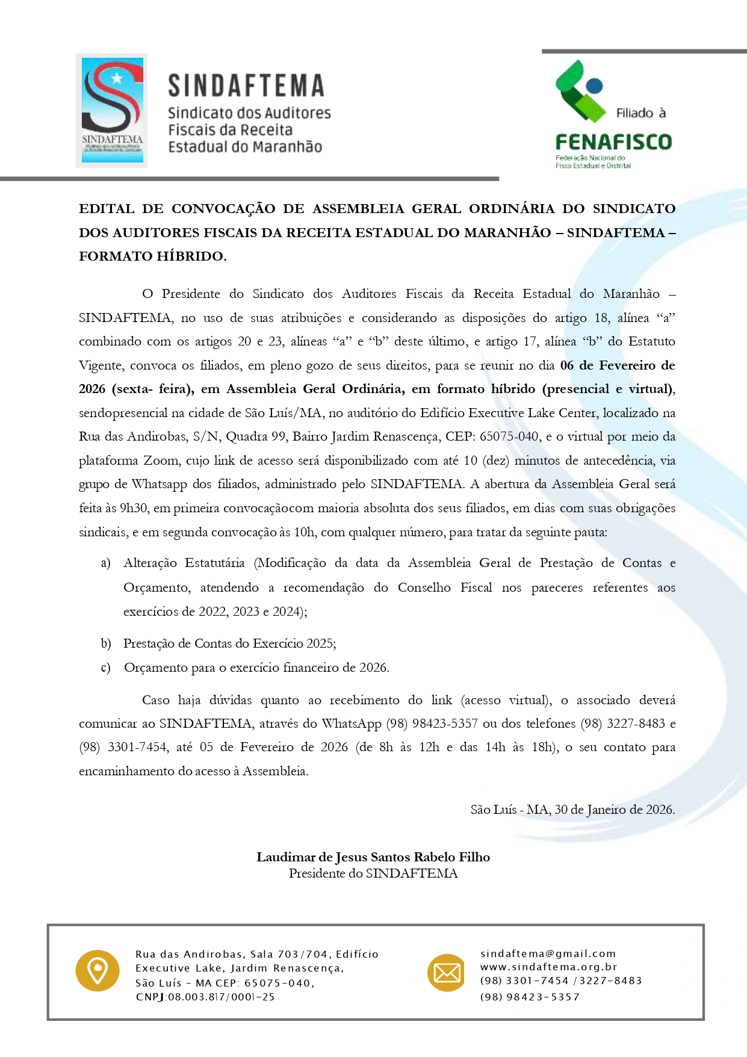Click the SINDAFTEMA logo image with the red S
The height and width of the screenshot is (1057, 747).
112,110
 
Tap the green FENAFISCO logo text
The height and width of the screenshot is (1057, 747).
613,142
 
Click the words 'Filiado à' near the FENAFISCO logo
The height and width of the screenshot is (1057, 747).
640,113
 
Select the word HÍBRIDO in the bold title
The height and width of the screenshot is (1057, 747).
190,256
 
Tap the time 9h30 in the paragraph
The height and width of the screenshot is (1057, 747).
134,508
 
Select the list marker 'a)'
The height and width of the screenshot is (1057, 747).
106,563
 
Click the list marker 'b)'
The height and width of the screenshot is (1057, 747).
106,643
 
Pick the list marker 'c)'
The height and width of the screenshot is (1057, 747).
106,668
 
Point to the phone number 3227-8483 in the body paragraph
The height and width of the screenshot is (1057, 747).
637,724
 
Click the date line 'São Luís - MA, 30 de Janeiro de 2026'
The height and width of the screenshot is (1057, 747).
572,810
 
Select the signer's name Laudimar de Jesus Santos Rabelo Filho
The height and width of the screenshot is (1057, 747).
373,857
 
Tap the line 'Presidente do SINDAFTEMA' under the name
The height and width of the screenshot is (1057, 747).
373,873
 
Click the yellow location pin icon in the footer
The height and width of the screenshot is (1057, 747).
97,970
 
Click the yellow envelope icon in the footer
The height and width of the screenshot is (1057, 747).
447,973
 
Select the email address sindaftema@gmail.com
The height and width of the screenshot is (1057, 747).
548,953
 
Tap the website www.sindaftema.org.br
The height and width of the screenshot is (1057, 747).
548,967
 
